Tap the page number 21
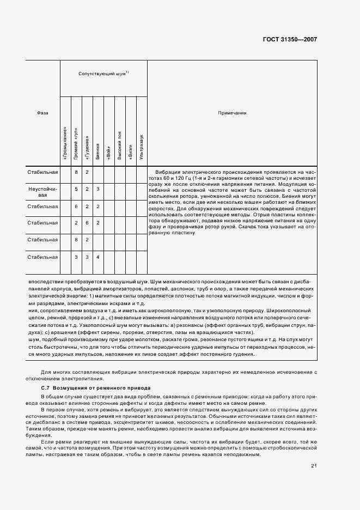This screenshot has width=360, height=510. point(314,465)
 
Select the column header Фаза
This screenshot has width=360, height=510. point(42,113)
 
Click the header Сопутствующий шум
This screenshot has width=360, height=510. point(103,72)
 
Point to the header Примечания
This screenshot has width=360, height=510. point(232,113)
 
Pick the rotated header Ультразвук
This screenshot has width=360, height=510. point(142,147)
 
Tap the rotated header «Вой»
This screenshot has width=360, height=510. point(109,153)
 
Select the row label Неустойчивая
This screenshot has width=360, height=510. point(42,191)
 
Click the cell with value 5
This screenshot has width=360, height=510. point(76,189)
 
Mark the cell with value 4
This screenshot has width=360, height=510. point(98,257)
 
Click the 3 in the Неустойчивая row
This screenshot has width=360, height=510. point(98,189)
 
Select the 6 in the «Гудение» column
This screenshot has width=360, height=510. point(87,223)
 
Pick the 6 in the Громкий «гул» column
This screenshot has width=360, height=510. point(76,206)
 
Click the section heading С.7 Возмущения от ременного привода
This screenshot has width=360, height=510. point(93,387)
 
